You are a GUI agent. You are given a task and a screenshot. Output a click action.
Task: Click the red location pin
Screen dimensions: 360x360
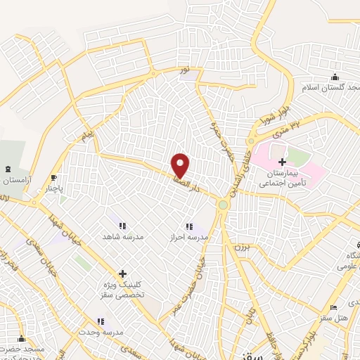(181, 165)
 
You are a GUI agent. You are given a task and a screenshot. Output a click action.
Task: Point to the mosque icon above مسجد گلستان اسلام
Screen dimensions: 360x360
(335, 77)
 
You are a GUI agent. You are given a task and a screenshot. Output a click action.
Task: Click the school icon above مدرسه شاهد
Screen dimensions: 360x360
(122, 226)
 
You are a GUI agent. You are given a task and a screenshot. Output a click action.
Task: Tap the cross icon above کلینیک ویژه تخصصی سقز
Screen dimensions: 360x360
(122, 274)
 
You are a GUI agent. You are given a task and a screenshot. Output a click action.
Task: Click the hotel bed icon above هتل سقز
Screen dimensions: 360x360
(333, 307)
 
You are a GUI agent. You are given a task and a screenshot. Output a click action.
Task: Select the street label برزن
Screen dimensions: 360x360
(243, 250)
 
